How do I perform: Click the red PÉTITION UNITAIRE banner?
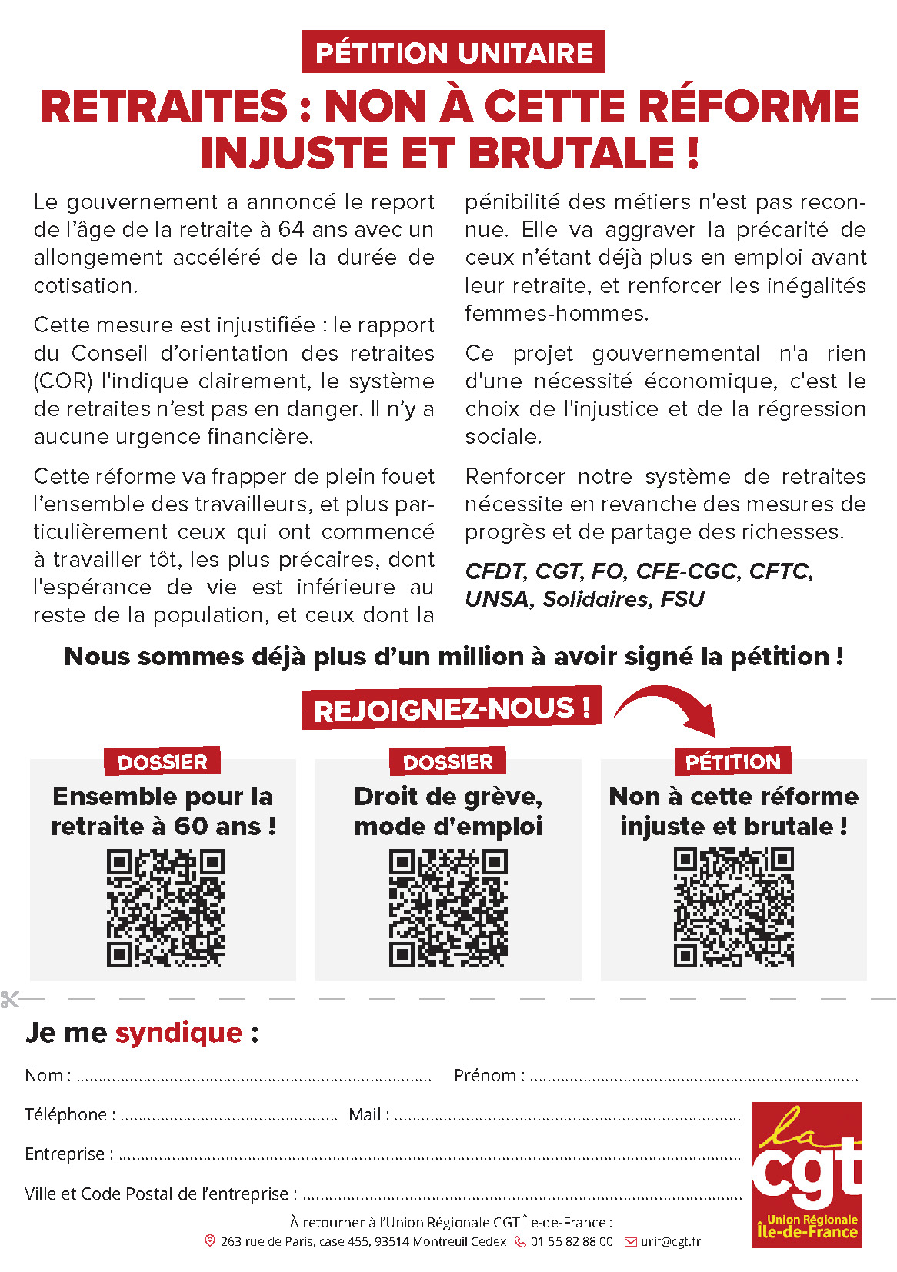click(453, 52)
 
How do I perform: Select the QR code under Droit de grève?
click(448, 907)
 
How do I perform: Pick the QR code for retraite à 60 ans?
click(165, 907)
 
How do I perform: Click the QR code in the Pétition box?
click(733, 907)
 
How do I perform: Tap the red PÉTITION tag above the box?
click(732, 761)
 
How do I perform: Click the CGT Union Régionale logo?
click(806, 1174)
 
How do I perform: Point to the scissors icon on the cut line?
click(10, 999)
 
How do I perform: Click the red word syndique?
click(178, 1032)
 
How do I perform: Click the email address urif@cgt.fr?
click(670, 1241)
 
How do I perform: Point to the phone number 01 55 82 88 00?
click(572, 1241)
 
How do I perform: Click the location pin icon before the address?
click(209, 1240)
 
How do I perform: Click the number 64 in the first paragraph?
click(291, 230)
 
